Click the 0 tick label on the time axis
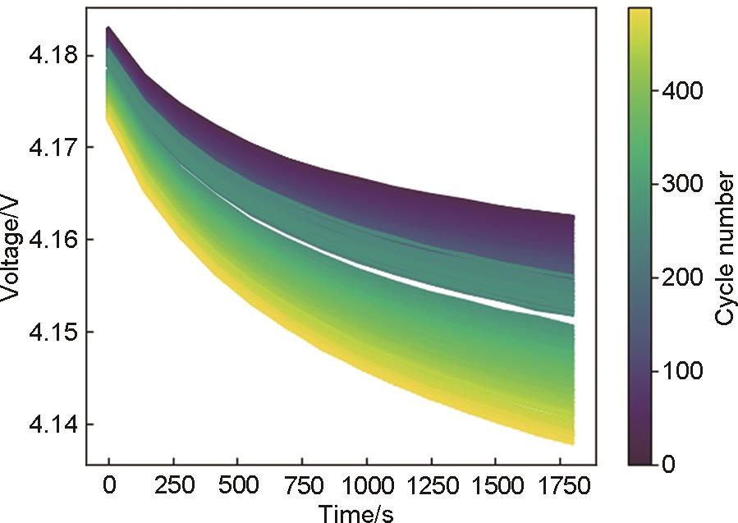pos(109,486)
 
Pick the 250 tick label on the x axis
pos(173,486)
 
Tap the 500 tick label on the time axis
pos(237,486)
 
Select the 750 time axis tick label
pos(301,486)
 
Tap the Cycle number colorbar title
pos(723,247)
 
